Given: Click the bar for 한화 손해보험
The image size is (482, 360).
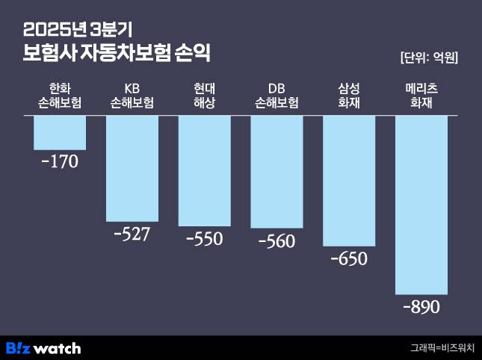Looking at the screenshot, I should pyautogui.click(x=60, y=133).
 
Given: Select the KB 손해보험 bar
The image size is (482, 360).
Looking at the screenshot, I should pyautogui.click(x=132, y=168).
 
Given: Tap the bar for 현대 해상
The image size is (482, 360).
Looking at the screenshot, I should pyautogui.click(x=204, y=170).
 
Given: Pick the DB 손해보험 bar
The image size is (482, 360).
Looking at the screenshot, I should pyautogui.click(x=276, y=172).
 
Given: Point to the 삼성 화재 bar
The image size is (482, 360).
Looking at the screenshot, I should pyautogui.click(x=349, y=181).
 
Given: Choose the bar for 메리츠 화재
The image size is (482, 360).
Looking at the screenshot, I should pyautogui.click(x=421, y=205).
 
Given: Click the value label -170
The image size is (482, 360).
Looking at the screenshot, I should pyautogui.click(x=59, y=161).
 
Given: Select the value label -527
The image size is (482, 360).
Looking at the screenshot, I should pyautogui.click(x=132, y=234).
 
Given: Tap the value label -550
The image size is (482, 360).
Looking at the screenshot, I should pyautogui.click(x=204, y=239).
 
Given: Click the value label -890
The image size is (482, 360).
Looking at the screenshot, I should pyautogui.click(x=421, y=307).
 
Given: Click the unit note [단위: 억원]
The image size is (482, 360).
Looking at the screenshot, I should pyautogui.click(x=429, y=58).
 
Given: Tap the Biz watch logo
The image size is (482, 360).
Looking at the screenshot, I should pyautogui.click(x=43, y=348).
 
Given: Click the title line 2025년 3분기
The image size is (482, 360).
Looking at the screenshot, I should pyautogui.click(x=78, y=30).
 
